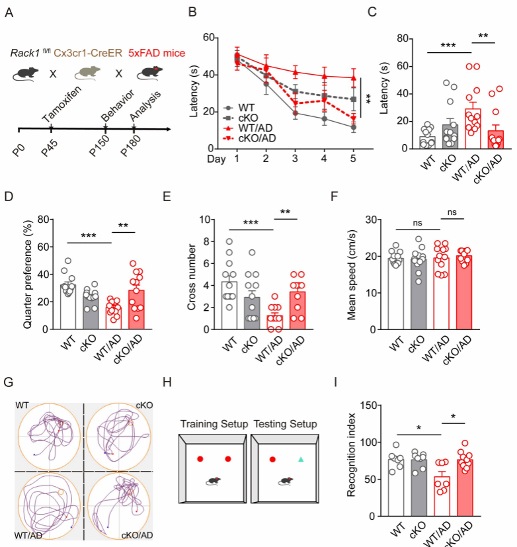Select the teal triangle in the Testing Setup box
[x=301, y=458]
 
